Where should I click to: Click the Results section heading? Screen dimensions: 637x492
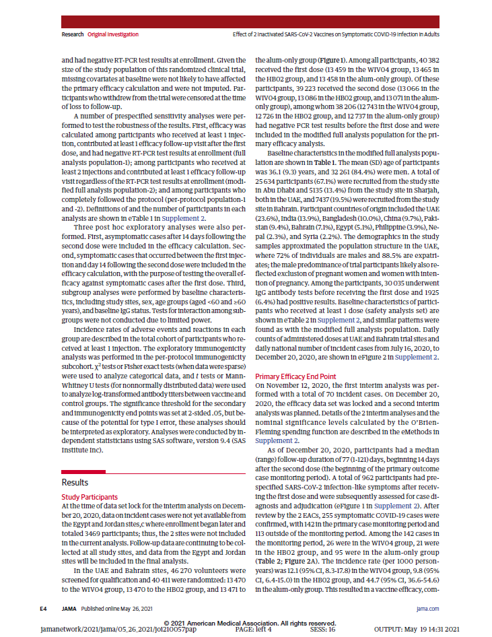pyautogui.click(x=75, y=483)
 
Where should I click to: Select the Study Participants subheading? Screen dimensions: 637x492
pyautogui.click(x=87, y=497)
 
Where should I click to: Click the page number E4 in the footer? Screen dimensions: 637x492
pyautogui.click(x=42, y=607)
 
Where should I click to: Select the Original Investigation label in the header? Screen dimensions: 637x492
pyautogui.click(x=113, y=34)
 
